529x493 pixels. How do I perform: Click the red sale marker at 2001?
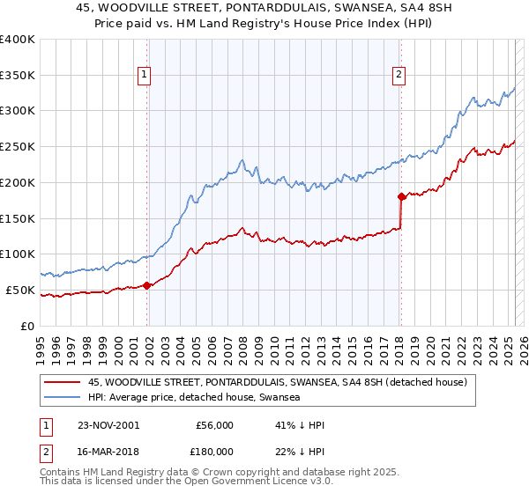tap(146, 285)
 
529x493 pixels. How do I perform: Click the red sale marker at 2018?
tap(400, 196)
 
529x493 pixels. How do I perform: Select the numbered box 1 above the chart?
tap(144, 75)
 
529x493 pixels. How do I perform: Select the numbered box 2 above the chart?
tap(399, 75)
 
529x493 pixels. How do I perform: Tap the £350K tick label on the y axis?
tap(18, 75)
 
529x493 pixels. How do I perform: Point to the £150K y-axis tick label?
tap(18, 217)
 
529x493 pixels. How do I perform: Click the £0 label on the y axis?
tap(28, 326)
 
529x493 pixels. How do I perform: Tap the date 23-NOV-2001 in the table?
tap(113, 425)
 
